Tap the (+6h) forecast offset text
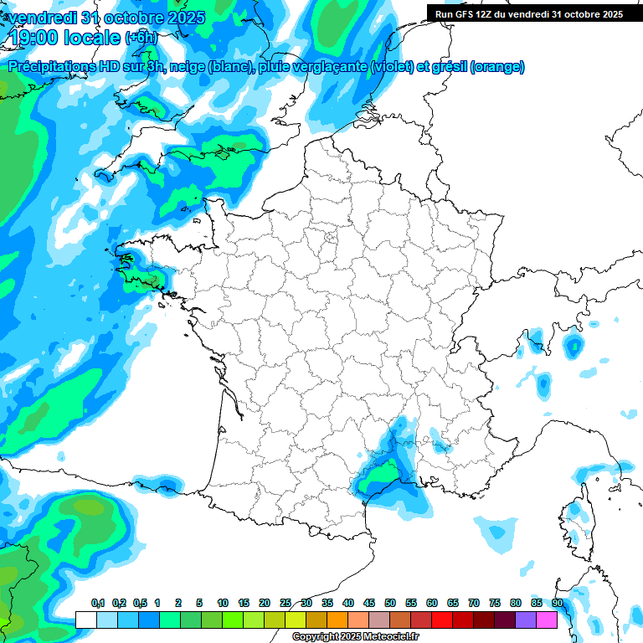(141, 38)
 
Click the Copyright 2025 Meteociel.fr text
(356, 637)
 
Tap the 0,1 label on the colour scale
(98, 604)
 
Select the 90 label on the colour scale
(558, 604)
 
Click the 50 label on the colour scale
(390, 604)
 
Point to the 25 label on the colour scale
(285, 604)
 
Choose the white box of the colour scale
(85, 620)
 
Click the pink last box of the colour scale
(547, 620)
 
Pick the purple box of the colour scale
(526, 620)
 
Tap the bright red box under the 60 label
(442, 620)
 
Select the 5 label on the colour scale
(199, 604)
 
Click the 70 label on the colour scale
(474, 604)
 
